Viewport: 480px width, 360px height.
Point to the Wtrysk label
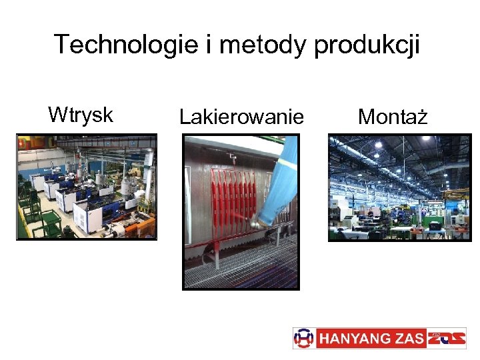click(81, 115)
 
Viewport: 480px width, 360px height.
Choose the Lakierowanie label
click(241, 118)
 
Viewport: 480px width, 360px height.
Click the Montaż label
click(393, 117)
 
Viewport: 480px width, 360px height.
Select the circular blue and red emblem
click(303, 338)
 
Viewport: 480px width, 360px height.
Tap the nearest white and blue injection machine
click(87, 213)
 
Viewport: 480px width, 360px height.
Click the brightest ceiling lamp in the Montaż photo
click(378, 144)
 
